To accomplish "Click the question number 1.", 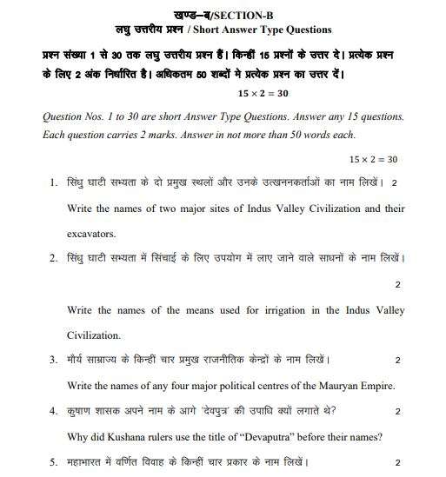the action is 54,182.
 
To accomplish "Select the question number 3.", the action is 54,360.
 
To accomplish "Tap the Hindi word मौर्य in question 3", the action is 78,360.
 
